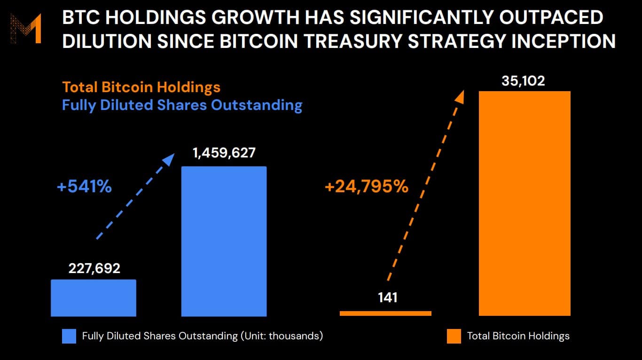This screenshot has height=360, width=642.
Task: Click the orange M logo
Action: [x=26, y=29]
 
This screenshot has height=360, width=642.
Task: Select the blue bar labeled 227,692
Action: [x=94, y=297]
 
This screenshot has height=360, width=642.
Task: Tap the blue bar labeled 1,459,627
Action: [x=224, y=241]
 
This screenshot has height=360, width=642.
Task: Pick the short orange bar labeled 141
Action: [x=385, y=313]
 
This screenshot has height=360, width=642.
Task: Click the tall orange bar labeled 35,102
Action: [x=525, y=203]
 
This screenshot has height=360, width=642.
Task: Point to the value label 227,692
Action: [x=94, y=268]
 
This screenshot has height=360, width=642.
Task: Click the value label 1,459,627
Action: [x=224, y=153]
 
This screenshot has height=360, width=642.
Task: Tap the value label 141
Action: [x=387, y=297]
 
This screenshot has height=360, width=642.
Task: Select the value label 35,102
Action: [x=523, y=81]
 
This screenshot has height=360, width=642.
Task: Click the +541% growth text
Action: [x=84, y=187]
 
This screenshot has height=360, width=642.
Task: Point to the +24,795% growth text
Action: [x=366, y=187]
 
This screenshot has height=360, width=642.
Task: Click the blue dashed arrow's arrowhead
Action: [x=169, y=159]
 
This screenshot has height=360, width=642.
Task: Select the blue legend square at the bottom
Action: [x=69, y=336]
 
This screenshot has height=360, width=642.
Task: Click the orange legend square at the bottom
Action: [x=454, y=336]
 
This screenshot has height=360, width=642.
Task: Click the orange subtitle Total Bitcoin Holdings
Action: [x=141, y=87]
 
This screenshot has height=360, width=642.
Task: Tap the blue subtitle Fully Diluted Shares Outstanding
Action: [x=182, y=105]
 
